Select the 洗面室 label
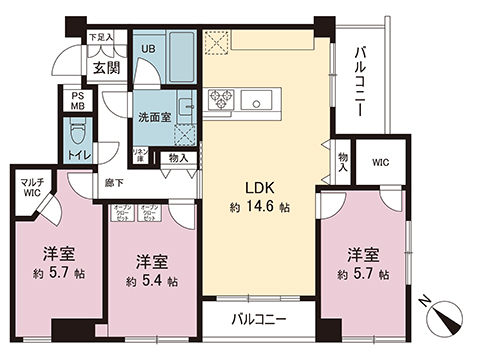coord(153,116)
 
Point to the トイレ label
coord(77,156)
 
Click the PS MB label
coord(77,102)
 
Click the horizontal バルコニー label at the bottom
coord(257,321)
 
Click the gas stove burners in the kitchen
coord(221,99)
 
